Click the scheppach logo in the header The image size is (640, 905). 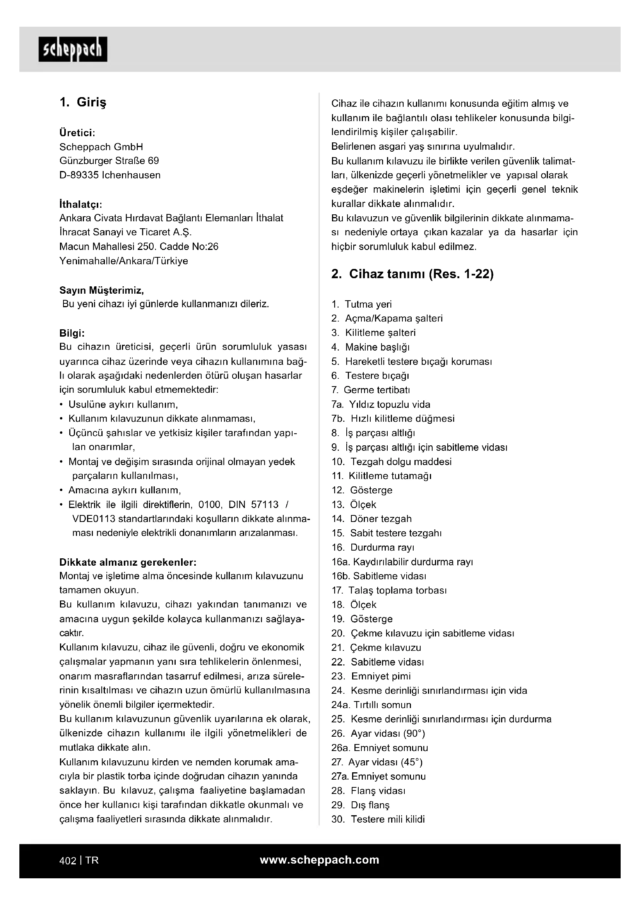[72, 49]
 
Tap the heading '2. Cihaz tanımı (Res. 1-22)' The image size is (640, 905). [412, 274]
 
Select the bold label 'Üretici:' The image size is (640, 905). [77, 132]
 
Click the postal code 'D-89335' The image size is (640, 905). [79, 175]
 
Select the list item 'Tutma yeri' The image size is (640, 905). [368, 304]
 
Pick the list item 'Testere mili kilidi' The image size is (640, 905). [388, 819]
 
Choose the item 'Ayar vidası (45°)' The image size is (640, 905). [385, 762]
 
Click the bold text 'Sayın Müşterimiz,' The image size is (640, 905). [102, 291]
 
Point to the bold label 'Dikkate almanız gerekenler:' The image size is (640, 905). [128, 562]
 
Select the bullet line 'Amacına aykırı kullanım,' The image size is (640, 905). [125, 490]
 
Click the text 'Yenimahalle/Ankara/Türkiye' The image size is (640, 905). [124, 261]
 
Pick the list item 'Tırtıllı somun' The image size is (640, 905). [382, 705]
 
